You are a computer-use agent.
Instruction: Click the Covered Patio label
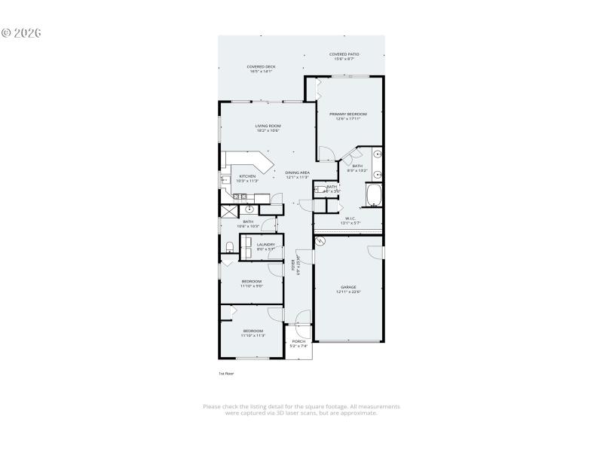coord(343,56)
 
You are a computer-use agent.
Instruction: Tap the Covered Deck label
coord(261,69)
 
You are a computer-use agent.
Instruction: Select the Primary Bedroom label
coord(347,116)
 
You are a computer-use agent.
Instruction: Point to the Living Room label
coord(268,127)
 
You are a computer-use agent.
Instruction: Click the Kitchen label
coord(248,179)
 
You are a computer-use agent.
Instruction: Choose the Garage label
coord(348,289)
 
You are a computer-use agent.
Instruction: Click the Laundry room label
coord(266,246)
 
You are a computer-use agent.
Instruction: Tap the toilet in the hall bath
coord(228,246)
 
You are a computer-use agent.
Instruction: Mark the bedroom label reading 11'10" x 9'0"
coord(252,283)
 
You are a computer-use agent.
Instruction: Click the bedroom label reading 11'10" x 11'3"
coord(253,333)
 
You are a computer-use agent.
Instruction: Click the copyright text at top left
coord(20,33)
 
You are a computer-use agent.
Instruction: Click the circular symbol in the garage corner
coord(319,241)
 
